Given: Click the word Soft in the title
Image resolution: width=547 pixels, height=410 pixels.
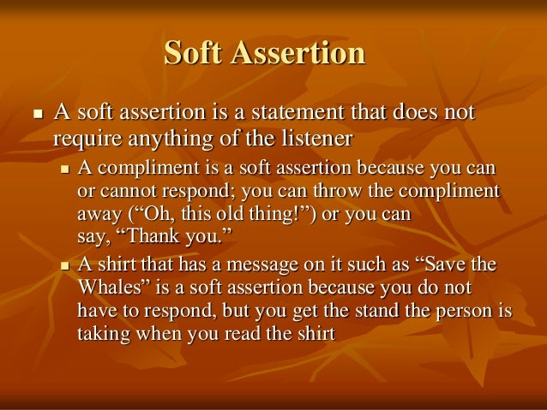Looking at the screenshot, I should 193,54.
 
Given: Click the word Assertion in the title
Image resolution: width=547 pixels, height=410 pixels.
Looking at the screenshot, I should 299,54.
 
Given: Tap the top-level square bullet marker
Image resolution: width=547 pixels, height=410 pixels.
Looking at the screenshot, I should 35,115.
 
